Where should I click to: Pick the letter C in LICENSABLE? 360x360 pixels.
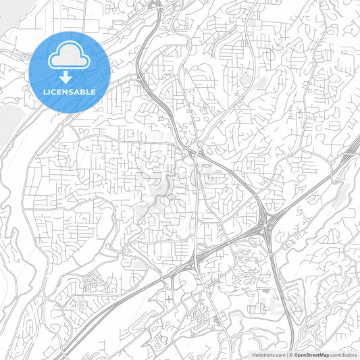click(54, 91)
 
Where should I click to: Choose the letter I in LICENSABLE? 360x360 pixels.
click(49, 91)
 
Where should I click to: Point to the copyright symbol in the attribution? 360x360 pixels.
click(290, 354)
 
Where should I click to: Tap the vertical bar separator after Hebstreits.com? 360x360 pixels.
click(286, 354)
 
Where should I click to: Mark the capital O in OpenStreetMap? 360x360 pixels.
click(296, 354)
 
